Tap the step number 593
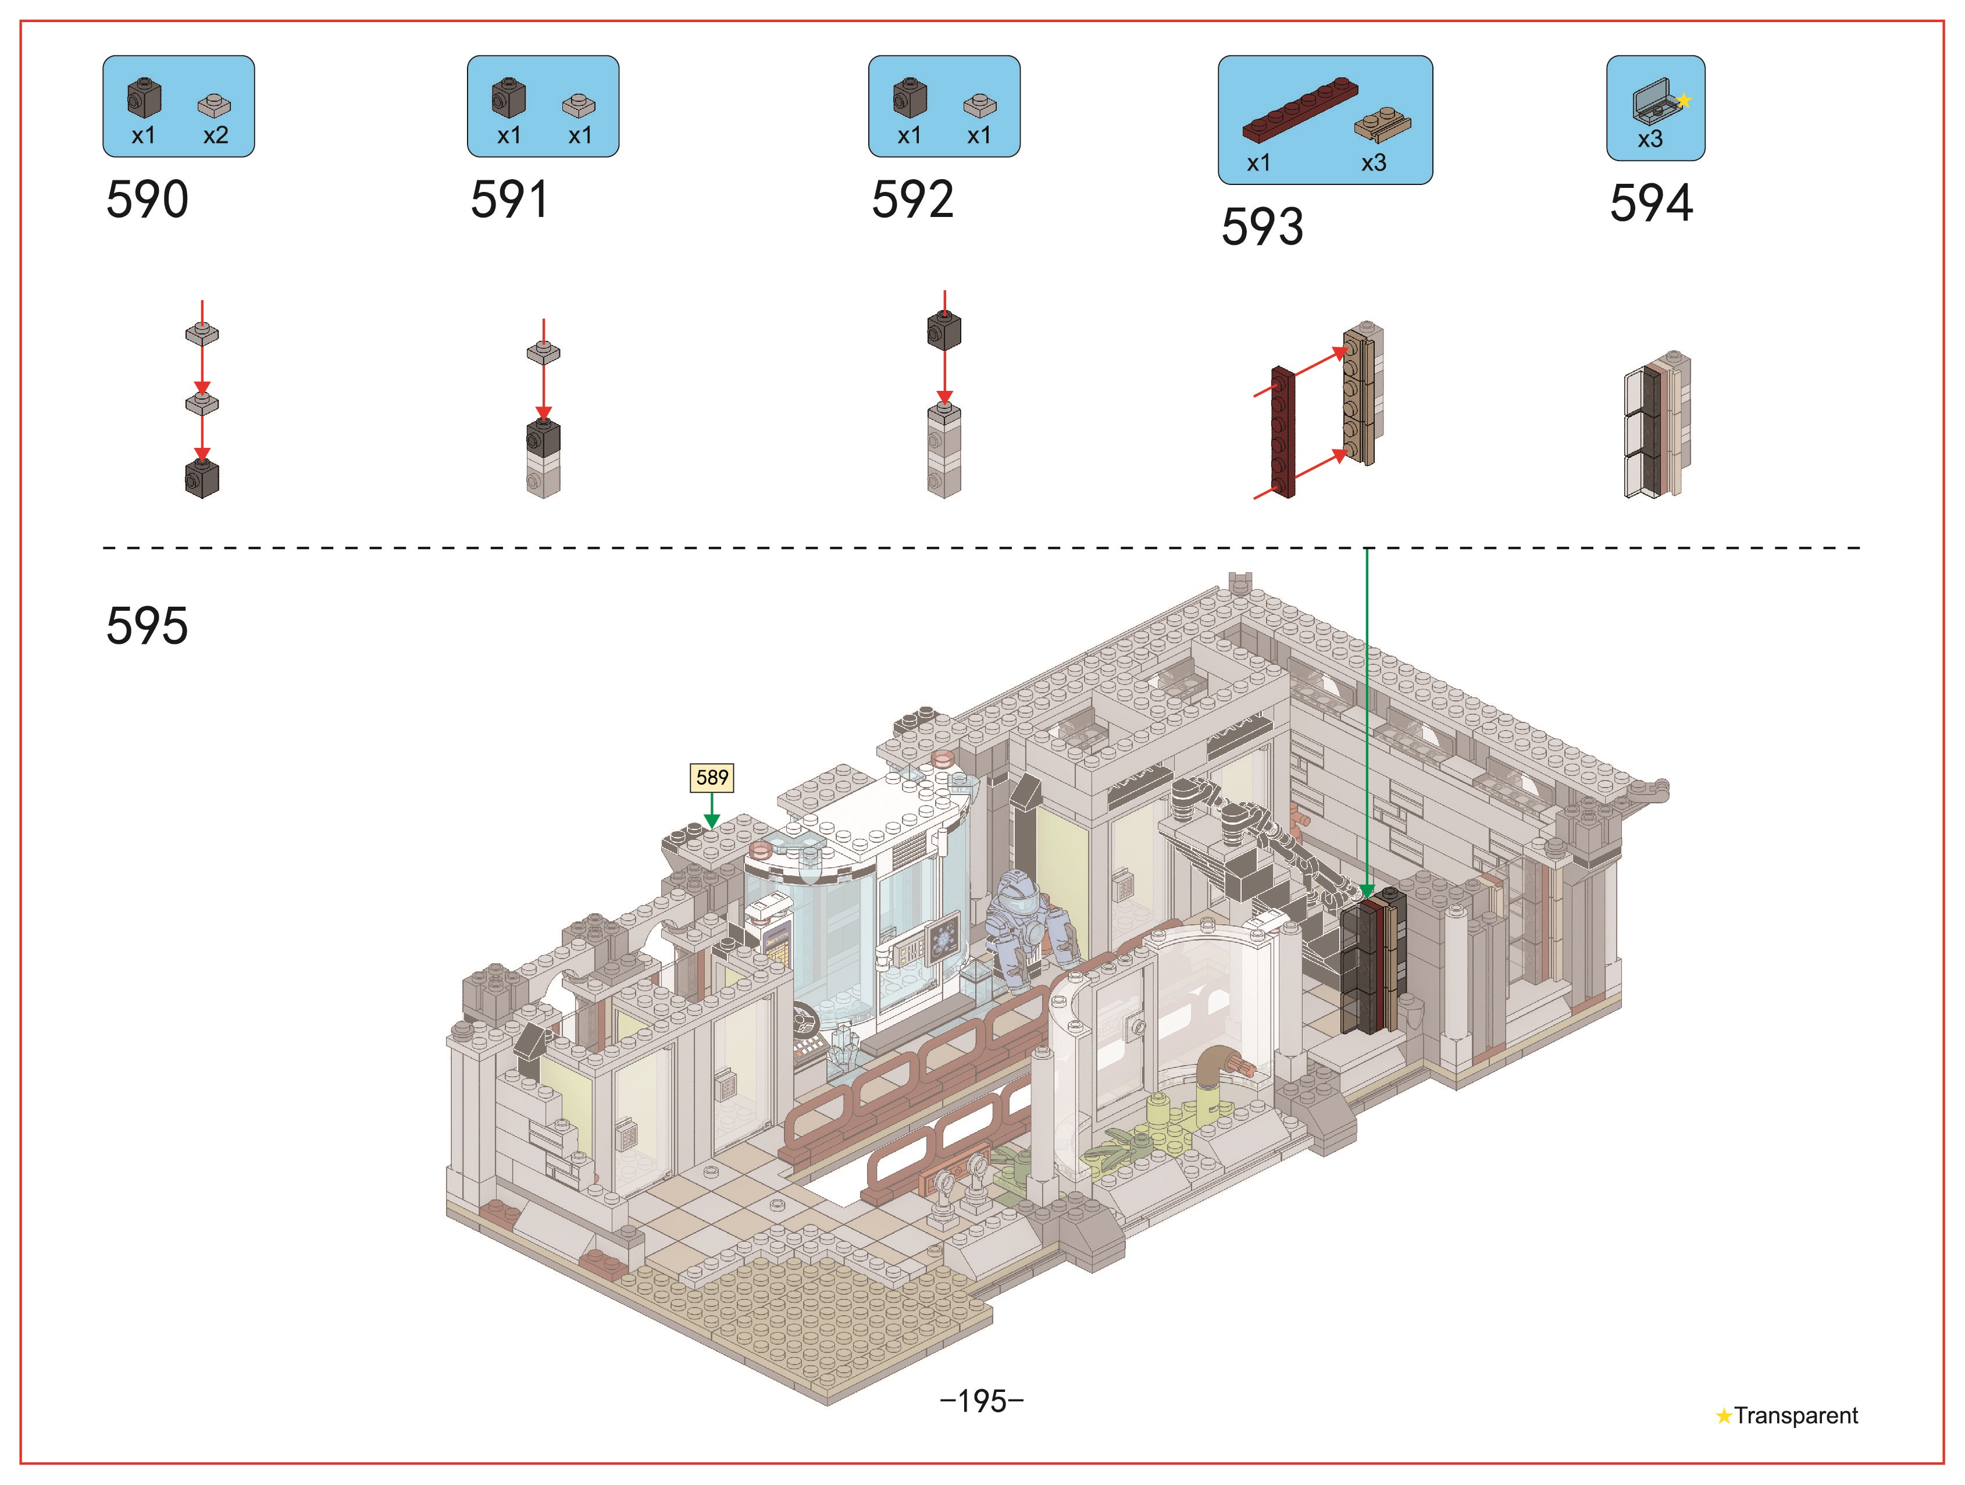[x=1263, y=227]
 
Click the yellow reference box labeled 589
[x=712, y=778]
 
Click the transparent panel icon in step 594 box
[x=1656, y=101]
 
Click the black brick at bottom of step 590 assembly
[x=202, y=479]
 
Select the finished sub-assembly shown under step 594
[x=1657, y=424]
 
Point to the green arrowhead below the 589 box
[x=712, y=820]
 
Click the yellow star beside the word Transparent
[x=1723, y=1416]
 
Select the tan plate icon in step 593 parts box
[x=1383, y=125]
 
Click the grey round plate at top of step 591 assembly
[x=544, y=353]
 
